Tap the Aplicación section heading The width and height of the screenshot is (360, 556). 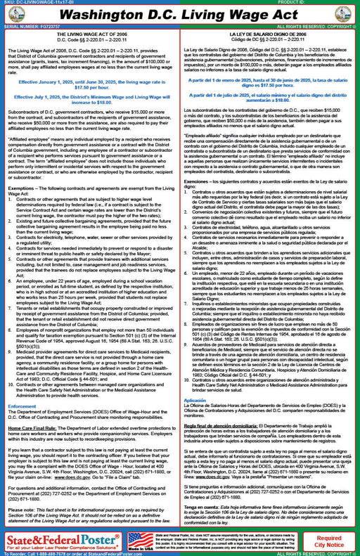(x=195, y=399)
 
